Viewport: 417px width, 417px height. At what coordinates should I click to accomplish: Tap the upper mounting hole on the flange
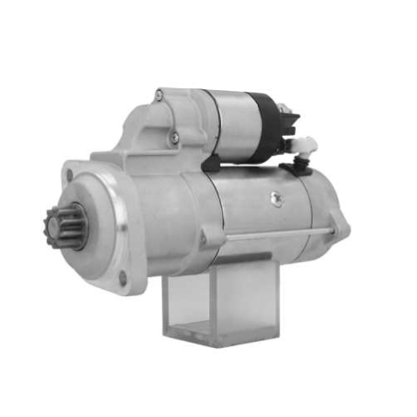69,174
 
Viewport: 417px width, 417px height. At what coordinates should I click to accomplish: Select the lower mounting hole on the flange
123,277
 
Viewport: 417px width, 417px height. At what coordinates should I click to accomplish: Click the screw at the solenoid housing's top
158,96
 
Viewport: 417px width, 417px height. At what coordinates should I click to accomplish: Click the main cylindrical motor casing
250,208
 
